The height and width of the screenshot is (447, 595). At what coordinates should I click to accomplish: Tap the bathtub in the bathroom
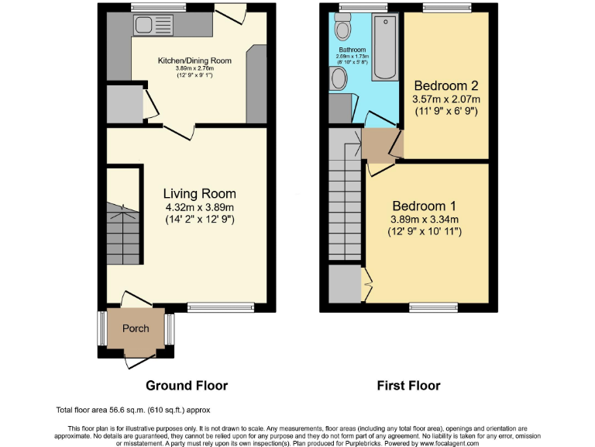tap(384, 47)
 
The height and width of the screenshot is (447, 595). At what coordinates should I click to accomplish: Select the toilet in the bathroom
tap(342, 28)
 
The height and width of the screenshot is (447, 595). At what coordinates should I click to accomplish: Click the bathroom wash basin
tap(338, 78)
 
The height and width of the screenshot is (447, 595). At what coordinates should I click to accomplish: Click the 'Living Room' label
tap(199, 193)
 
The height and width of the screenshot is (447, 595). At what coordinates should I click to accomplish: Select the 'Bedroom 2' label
tap(445, 85)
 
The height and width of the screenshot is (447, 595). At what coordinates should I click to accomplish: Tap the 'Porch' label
tap(136, 328)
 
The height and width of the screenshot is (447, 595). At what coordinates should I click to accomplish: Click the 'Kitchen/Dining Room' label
tap(194, 61)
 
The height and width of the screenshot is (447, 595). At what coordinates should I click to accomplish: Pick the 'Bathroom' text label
tap(351, 50)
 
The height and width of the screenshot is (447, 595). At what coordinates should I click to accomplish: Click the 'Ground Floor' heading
tap(187, 385)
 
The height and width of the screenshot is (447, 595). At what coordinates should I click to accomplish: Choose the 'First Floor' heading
tap(408, 385)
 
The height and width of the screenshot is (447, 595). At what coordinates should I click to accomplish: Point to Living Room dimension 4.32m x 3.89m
tap(199, 207)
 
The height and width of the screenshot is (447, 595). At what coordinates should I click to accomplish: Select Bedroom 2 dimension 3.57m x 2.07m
tap(445, 99)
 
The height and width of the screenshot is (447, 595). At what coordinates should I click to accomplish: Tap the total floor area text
tap(132, 409)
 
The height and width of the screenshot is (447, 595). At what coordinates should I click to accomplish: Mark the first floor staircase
tap(343, 202)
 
